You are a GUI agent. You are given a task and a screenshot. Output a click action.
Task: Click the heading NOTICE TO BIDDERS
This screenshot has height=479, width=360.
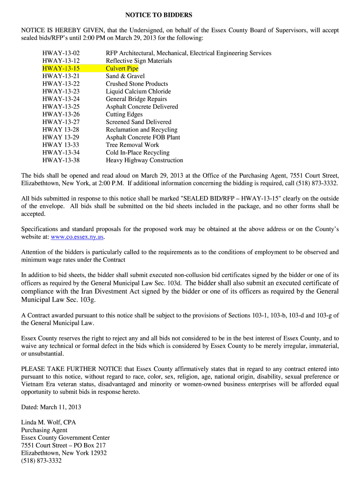158,15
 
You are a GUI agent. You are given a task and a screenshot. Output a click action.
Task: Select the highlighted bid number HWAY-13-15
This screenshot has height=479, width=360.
61,68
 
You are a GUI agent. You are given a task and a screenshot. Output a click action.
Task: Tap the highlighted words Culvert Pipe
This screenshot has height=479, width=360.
122,68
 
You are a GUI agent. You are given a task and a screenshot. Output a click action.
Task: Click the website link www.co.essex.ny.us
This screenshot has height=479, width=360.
77,237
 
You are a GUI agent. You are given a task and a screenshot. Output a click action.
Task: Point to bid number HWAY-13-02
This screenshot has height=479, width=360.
61,53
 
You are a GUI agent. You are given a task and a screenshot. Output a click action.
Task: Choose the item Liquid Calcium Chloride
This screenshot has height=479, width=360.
138,91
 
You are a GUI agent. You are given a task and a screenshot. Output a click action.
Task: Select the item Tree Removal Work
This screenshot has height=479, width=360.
132,145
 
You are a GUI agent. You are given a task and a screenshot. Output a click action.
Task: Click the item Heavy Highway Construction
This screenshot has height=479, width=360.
144,160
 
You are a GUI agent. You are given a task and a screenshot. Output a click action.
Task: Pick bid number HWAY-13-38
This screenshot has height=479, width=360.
61,160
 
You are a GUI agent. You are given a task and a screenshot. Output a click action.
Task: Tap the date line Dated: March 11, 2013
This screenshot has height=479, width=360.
51,407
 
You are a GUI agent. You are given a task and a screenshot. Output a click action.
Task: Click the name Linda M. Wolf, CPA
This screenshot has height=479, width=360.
48,422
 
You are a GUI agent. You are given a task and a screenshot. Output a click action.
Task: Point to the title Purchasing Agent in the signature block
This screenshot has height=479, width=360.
44,430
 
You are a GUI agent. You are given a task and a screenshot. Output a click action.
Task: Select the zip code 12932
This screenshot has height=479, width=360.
97,453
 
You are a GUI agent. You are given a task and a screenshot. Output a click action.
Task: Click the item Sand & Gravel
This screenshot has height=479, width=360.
125,76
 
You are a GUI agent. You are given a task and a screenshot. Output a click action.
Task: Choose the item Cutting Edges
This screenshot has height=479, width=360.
124,114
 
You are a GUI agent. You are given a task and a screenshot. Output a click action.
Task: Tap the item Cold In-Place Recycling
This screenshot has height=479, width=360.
137,152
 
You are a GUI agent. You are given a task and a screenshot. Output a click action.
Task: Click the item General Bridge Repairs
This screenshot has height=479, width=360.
136,99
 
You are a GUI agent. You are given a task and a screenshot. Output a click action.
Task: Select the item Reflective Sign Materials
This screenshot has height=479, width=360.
139,61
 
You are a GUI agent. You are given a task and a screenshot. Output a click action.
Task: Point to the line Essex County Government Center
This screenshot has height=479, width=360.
65,438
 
